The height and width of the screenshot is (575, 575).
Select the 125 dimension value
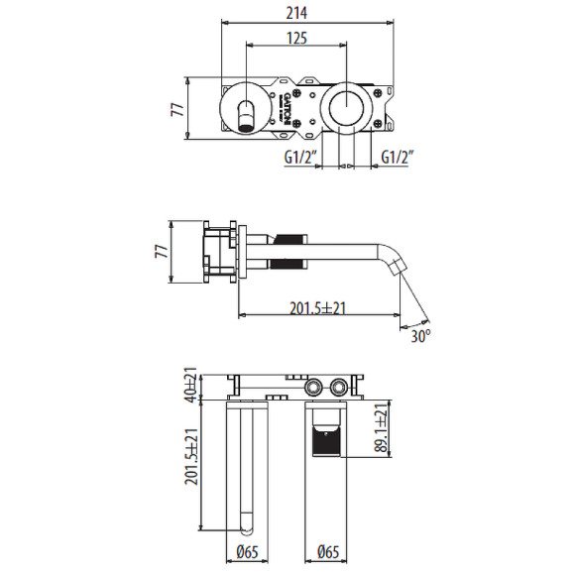coord(296,38)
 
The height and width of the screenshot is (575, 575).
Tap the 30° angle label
coord(421,336)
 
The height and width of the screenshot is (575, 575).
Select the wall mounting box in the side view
coord(219,252)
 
